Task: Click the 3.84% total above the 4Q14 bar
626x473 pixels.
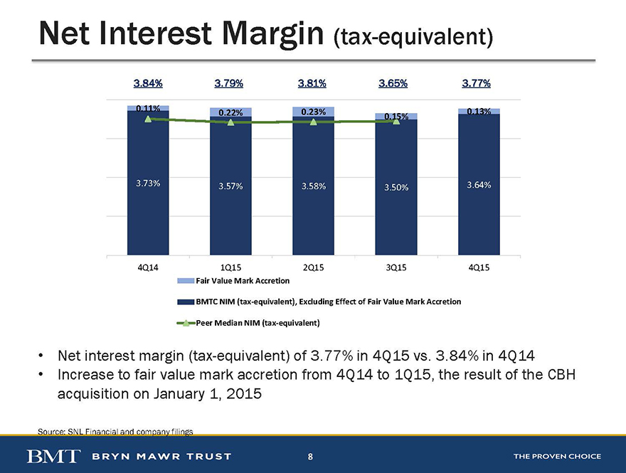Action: pos(148,83)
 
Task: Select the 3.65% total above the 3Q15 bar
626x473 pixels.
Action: pos(393,83)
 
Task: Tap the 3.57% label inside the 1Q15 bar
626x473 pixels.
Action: pos(230,186)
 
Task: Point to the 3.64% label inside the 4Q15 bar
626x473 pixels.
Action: pos(479,185)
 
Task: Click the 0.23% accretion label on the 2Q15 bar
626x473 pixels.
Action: pos(314,112)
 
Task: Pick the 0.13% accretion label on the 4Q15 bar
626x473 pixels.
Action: pos(479,112)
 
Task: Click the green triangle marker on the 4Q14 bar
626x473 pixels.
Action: pos(148,119)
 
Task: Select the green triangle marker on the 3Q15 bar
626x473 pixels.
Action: pos(396,120)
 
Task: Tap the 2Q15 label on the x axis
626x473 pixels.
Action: pos(314,267)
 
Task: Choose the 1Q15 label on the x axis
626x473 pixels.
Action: pos(230,267)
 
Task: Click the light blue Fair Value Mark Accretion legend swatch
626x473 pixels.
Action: pos(186,281)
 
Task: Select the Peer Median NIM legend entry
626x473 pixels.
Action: pos(248,323)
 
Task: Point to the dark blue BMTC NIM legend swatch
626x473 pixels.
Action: pos(186,302)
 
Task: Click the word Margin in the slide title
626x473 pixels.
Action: pos(273,34)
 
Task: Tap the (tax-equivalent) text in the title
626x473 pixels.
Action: pos(413,37)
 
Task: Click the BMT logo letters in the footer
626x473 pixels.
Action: pos(53,456)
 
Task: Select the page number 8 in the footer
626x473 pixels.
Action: pos(310,456)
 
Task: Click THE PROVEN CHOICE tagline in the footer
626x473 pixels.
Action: pos(557,456)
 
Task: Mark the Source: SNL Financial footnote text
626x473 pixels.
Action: pos(115,432)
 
